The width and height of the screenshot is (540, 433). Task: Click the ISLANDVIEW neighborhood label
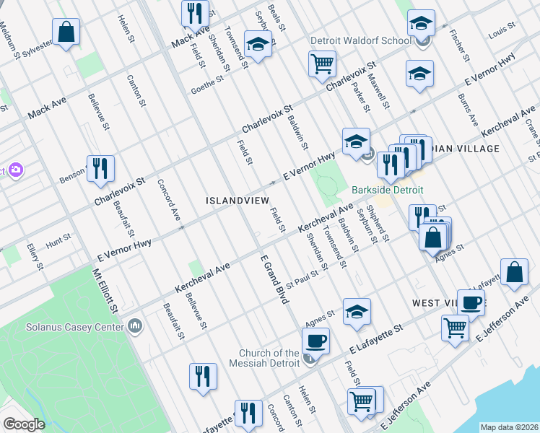coord(238,200)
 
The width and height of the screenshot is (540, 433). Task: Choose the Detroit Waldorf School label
coord(360,40)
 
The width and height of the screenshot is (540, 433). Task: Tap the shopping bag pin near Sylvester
coord(66,32)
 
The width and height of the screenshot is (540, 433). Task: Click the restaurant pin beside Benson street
coord(100,169)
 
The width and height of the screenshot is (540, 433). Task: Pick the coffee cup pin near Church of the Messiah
coord(315,340)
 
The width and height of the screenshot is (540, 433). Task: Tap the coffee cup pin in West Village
coord(471,302)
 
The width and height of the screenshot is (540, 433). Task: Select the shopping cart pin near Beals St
coord(322,63)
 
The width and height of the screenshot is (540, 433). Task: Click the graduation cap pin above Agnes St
coord(357,312)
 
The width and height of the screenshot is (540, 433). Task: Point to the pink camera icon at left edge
coord(15,170)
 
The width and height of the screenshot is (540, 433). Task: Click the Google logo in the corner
coord(23,424)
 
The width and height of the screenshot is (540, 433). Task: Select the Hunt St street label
coord(58,237)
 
